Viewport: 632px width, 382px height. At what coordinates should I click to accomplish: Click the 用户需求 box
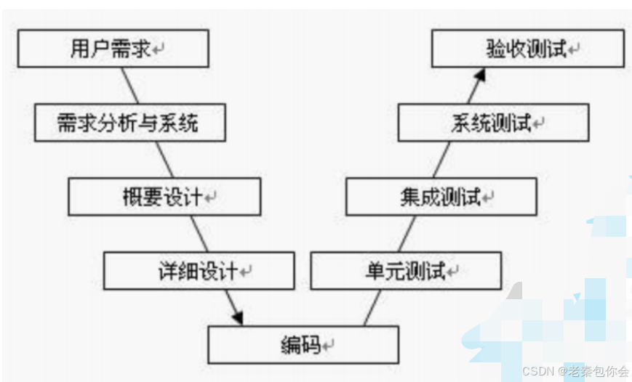pos(113,49)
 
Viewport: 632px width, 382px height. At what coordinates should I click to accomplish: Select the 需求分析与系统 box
pos(129,123)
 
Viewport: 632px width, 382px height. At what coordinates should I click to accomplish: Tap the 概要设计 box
pos(164,197)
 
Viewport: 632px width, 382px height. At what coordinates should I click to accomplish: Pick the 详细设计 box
pos(199,271)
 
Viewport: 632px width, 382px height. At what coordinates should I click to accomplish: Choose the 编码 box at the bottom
pos(303,344)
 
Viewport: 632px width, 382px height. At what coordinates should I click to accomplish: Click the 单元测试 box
pos(406,271)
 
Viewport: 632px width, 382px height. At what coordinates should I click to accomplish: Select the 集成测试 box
pos(441,197)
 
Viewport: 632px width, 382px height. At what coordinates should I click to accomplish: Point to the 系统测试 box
pos(493,123)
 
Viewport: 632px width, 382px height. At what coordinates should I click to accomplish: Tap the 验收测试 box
pos(528,49)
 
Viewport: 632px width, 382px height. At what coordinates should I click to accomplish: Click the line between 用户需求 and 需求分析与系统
pos(132,86)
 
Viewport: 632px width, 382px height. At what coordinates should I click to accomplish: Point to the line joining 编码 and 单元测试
pos(372,307)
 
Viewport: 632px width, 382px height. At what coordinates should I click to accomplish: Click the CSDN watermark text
pos(575,370)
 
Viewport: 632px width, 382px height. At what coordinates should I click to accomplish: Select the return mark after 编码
pos(329,345)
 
